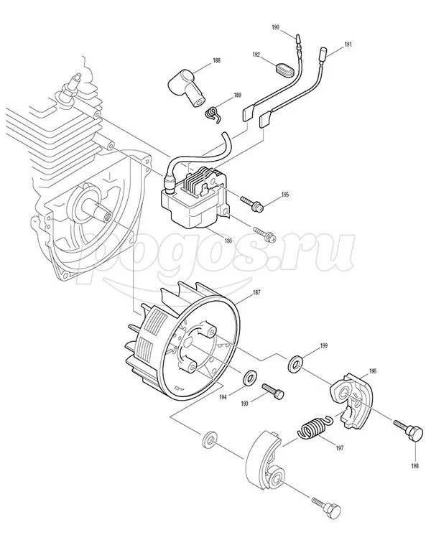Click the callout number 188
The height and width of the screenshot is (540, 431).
coord(216,60)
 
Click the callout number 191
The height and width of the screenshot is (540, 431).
coord(348,45)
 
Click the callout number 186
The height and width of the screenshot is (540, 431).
coord(228,241)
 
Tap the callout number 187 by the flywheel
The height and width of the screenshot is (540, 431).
coord(256,292)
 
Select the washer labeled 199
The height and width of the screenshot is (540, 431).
coord(296,363)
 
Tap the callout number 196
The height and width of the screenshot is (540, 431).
coord(372,371)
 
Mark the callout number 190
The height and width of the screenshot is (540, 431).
coord(275,27)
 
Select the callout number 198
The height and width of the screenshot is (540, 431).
coord(415,466)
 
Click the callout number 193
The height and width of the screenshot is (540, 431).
coord(245,404)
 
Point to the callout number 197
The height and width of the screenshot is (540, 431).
coord(340,448)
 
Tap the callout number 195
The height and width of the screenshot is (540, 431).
coord(285,195)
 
